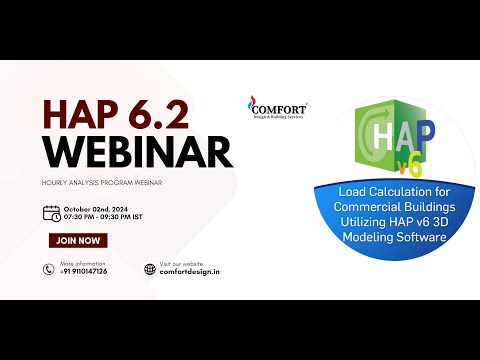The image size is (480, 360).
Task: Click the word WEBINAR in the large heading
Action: click(137, 151)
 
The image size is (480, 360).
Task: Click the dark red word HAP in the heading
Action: click(83, 112)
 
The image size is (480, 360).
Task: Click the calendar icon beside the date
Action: click(51, 212)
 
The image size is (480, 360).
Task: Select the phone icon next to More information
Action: click(48, 268)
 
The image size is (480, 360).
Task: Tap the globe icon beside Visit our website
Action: click(150, 268)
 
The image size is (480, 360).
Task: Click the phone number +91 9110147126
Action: click(84, 272)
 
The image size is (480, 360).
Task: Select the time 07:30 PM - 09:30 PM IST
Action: click(111, 216)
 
